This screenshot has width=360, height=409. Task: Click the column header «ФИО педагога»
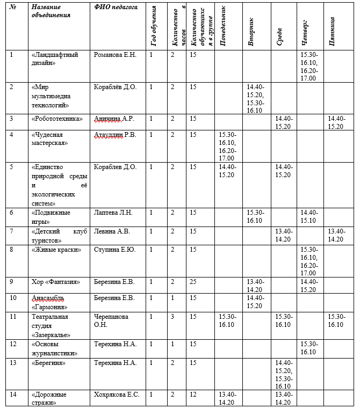(x=116, y=8)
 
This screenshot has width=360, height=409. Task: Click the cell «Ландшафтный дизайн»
(x=55, y=59)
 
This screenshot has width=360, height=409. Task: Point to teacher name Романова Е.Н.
(x=115, y=55)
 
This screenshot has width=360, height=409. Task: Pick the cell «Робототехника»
(x=57, y=119)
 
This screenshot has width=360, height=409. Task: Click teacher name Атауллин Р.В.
(x=115, y=135)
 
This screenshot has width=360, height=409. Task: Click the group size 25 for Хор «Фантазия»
(x=193, y=282)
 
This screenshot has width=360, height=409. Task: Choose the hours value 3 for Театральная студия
(x=173, y=317)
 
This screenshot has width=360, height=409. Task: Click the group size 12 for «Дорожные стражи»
(x=193, y=395)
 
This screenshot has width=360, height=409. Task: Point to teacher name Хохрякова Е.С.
(x=117, y=395)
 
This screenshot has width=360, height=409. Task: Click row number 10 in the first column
(x=14, y=297)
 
